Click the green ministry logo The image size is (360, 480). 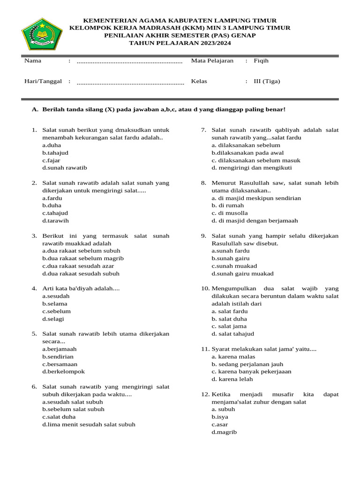[x=42, y=34]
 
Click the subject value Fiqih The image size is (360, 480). [x=261, y=61]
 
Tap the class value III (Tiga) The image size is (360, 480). [x=267, y=81]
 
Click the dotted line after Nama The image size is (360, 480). [x=129, y=61]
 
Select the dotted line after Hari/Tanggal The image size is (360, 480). [x=130, y=82]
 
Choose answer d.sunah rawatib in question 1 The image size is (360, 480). [x=65, y=168]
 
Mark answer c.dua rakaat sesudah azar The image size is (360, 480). [x=78, y=266]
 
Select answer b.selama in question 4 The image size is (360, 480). [x=55, y=304]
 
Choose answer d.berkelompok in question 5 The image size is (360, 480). [x=64, y=372]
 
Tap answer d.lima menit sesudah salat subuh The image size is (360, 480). [x=89, y=425]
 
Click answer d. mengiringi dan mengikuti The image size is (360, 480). [x=252, y=168]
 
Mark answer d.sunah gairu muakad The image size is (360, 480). [x=243, y=274]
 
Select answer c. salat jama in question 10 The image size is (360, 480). [x=229, y=326]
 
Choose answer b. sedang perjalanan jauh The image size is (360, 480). [x=247, y=364]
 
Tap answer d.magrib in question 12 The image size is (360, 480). [x=224, y=432]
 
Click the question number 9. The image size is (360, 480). [x=203, y=236]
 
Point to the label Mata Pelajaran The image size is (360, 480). [x=212, y=61]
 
